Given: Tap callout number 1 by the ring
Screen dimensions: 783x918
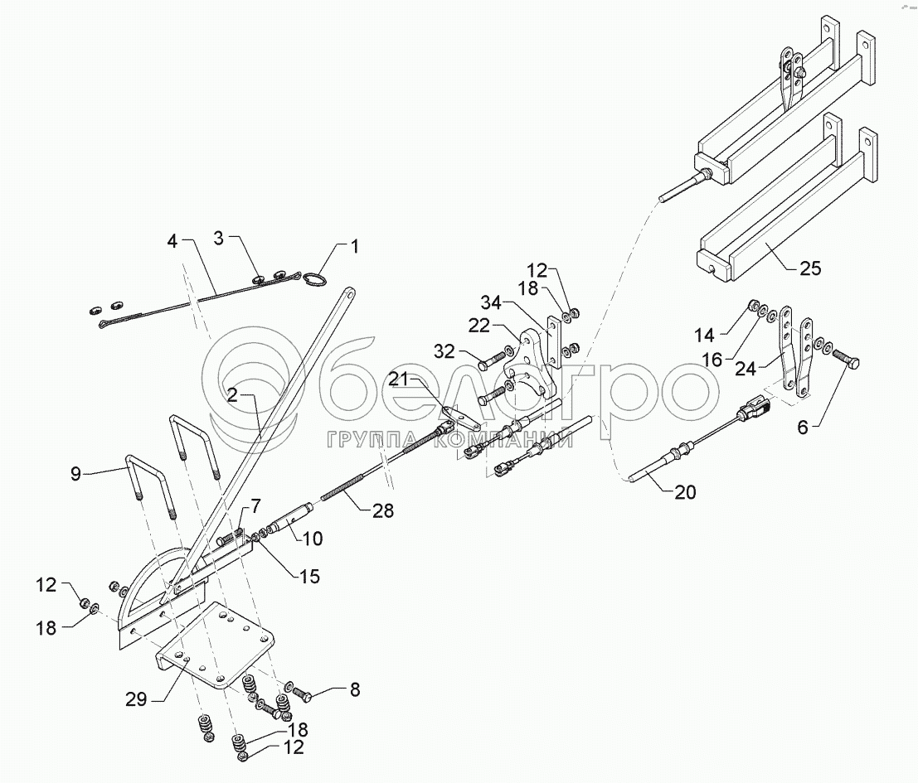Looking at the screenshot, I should tap(354, 246).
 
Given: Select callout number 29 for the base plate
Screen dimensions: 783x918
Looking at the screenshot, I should tap(137, 698).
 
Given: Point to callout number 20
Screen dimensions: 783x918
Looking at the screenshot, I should tap(685, 491).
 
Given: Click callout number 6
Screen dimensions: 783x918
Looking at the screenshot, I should tap(801, 428).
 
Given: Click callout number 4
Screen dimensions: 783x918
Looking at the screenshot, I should tap(172, 243).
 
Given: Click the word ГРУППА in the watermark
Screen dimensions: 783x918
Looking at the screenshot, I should tap(362, 439).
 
